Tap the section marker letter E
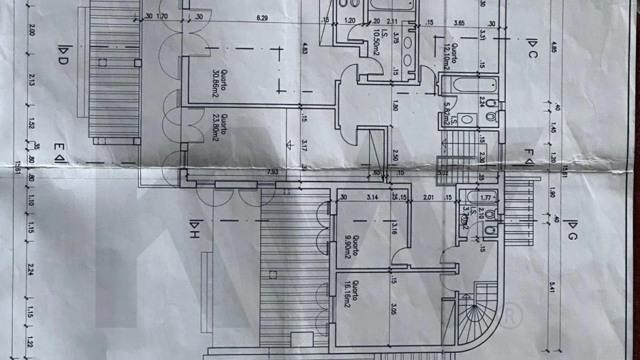coord(59,151)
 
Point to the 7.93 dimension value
coord(272,171)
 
